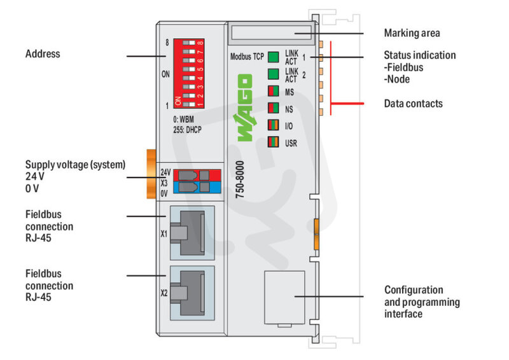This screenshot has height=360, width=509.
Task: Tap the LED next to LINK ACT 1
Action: point(274,57)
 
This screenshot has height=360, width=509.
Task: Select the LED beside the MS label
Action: point(274,92)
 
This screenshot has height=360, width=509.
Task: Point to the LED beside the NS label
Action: point(274,108)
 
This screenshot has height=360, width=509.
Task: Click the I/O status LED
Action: point(274,125)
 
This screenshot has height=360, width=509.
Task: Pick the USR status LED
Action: point(274,142)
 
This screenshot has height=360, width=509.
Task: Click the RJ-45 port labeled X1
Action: point(192,233)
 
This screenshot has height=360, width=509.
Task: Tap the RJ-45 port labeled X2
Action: point(192,293)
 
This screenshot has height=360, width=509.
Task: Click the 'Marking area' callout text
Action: point(412,33)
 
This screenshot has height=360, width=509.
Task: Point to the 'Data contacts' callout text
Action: point(413,103)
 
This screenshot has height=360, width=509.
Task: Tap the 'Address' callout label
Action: point(43,54)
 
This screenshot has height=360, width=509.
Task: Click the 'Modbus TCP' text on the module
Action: point(248,57)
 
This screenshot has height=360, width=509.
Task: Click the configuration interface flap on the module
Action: point(283,297)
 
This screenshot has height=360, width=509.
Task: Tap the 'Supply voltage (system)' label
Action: point(75,164)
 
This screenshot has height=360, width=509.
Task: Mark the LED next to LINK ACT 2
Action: point(274,74)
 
